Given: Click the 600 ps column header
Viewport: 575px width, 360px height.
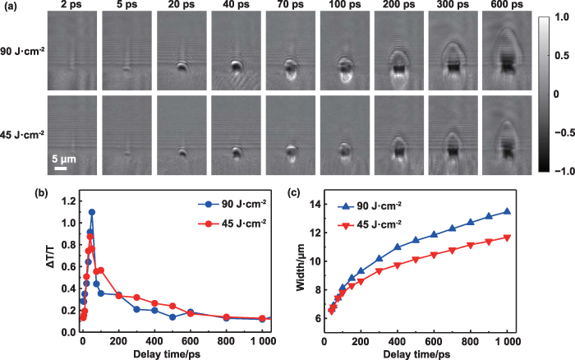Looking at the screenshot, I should tap(506, 7).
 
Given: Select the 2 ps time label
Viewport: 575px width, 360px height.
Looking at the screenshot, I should tap(69, 7).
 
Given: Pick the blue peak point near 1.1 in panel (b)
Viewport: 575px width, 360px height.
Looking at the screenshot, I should tap(92, 212).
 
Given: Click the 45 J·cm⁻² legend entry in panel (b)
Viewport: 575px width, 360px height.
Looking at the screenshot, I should tap(232, 223).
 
